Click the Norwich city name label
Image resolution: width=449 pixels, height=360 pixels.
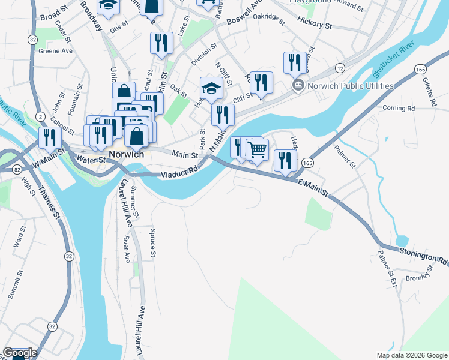[x=126, y=154]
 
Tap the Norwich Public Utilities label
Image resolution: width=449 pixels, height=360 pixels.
[x=350, y=86]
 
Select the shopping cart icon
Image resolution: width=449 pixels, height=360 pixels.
[x=257, y=150]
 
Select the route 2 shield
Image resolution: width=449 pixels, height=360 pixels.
[x=39, y=116]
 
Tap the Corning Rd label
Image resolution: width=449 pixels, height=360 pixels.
[x=399, y=109]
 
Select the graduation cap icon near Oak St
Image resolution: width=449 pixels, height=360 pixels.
[x=211, y=89]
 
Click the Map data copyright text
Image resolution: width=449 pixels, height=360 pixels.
[x=412, y=355]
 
